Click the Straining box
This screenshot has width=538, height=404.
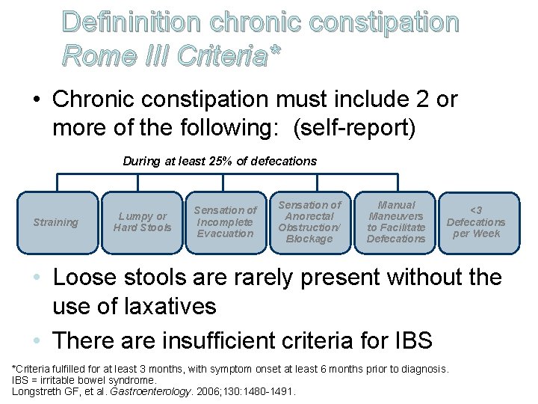pos(56,222)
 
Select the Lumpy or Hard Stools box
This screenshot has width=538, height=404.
pos(142,222)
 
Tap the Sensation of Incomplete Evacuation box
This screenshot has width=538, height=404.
pos(225,222)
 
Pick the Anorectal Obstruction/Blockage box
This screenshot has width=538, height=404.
pos(309,222)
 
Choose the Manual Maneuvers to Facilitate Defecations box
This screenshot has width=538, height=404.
pos(396,222)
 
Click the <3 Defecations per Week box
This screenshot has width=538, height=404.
pos(476,222)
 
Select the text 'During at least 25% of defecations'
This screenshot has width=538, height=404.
pos(220,161)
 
